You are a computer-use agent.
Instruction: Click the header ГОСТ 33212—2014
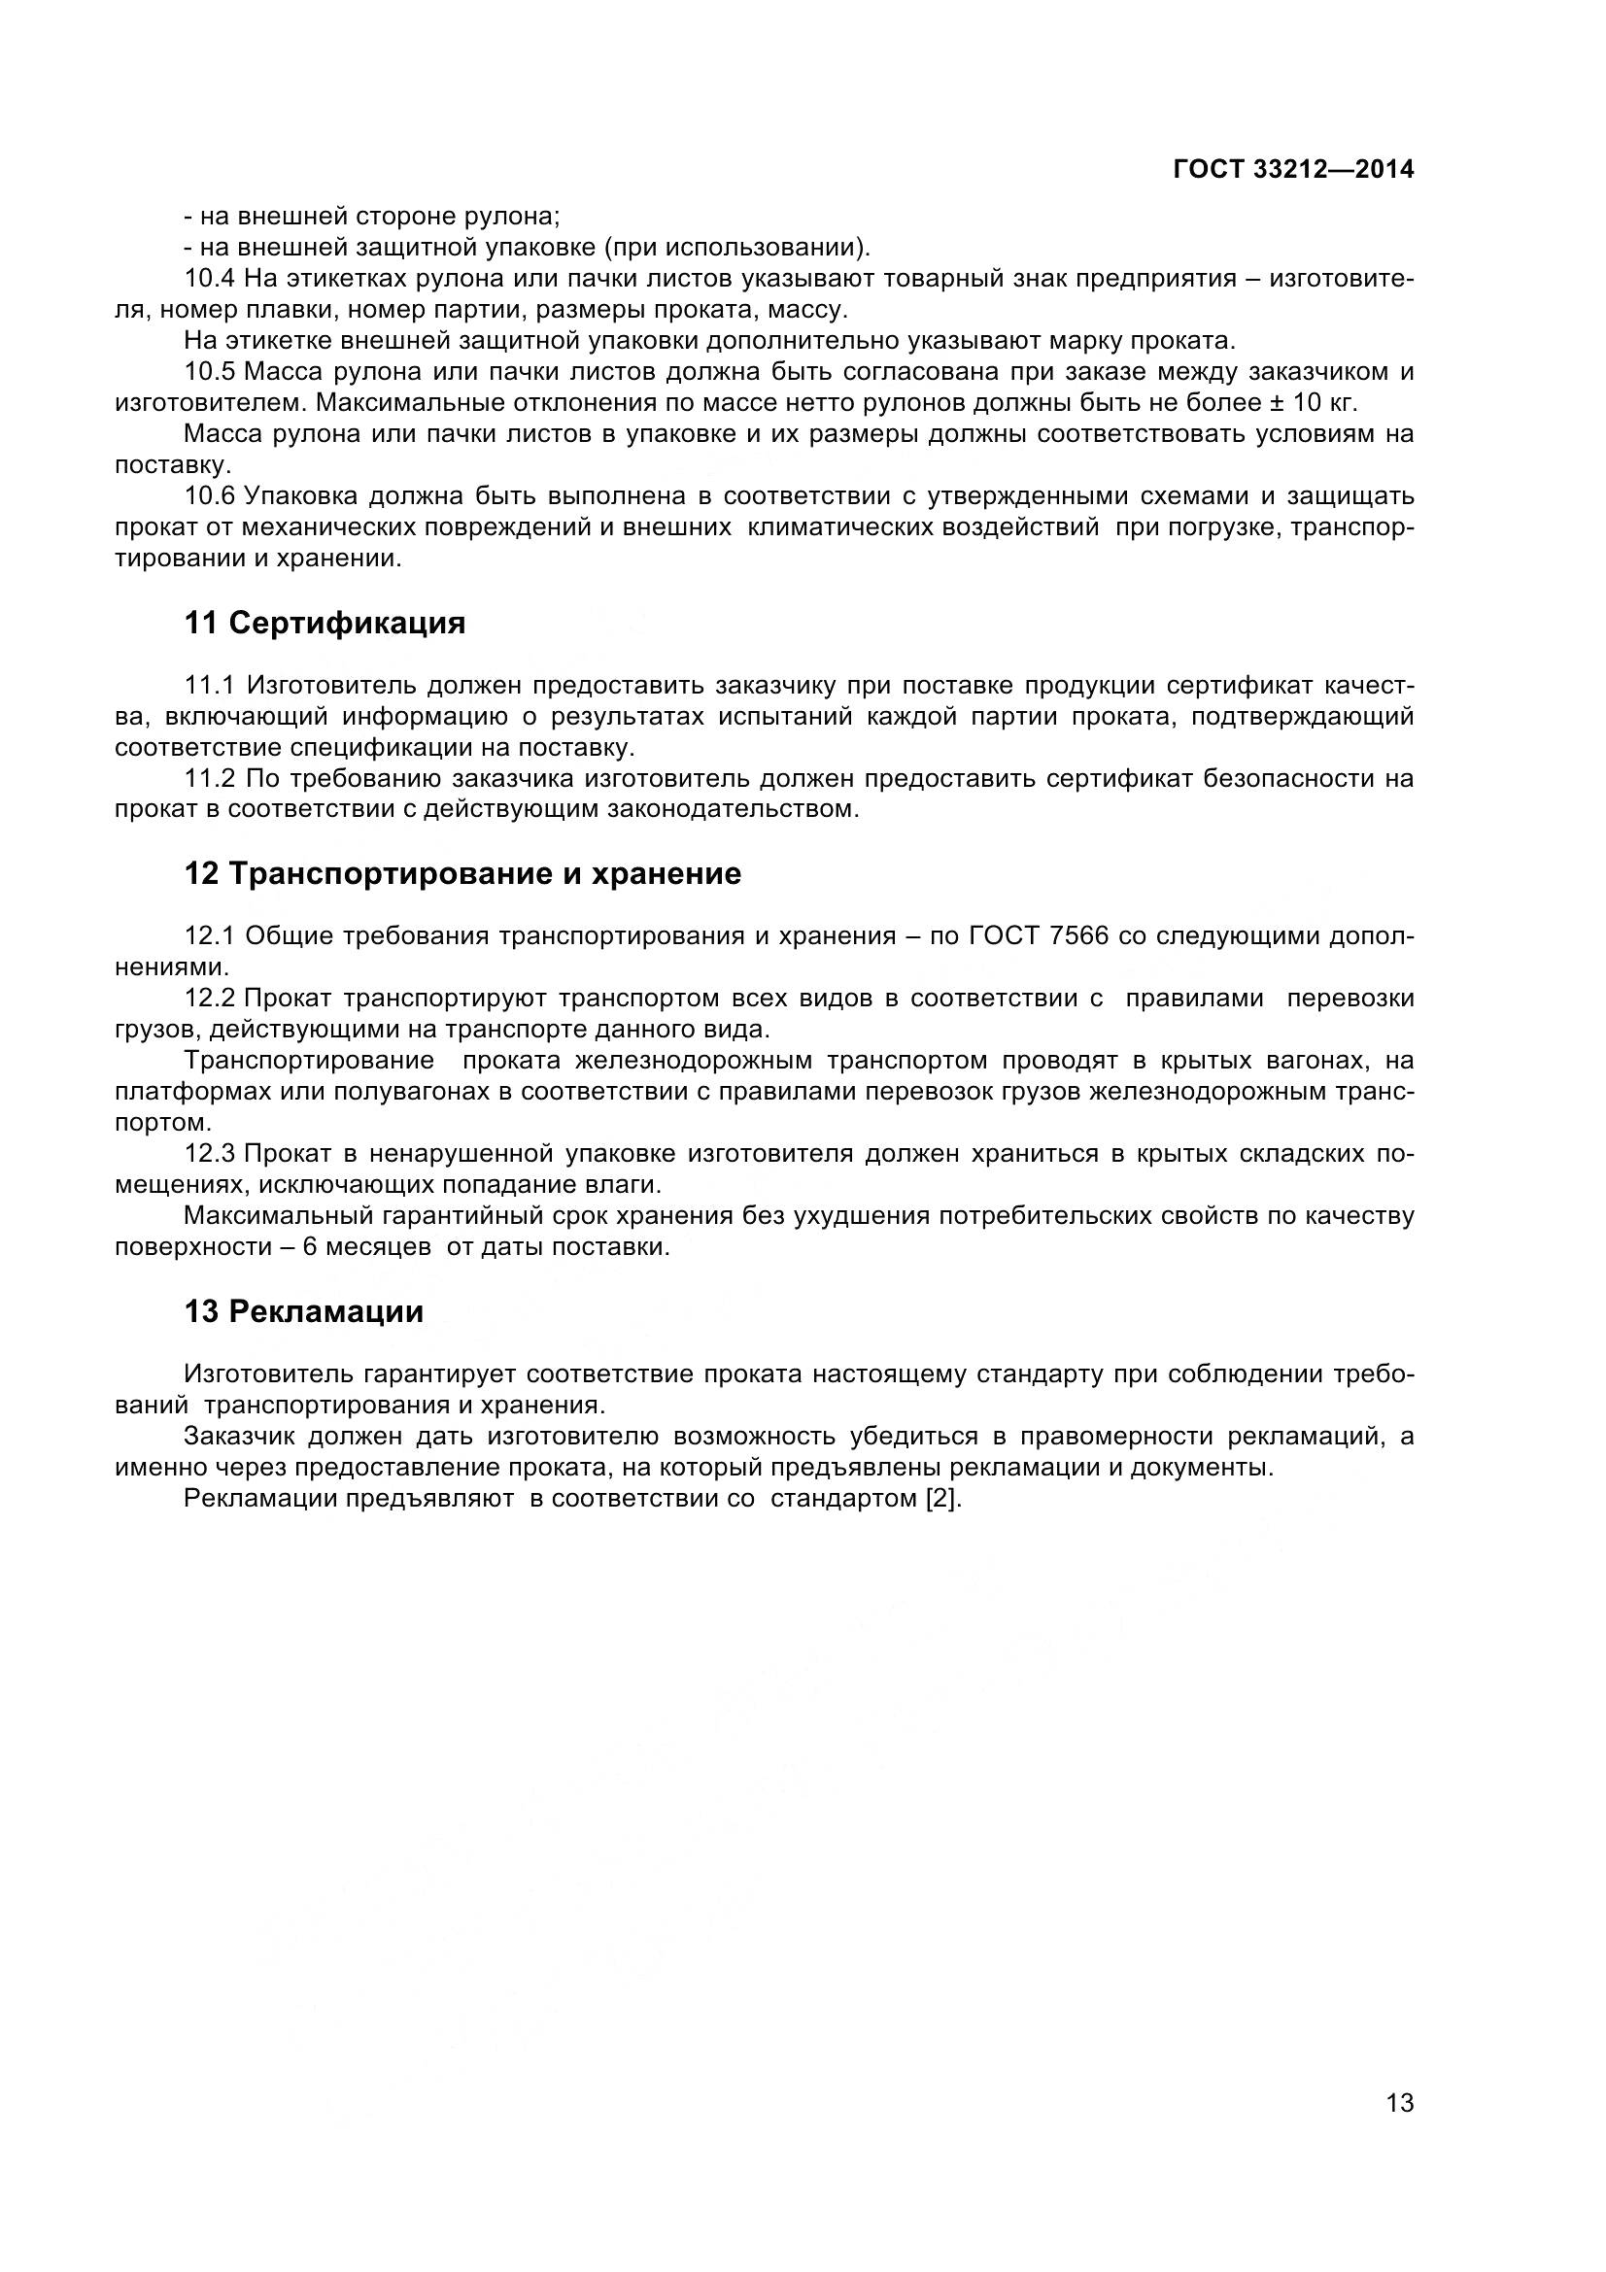[x=1293, y=169]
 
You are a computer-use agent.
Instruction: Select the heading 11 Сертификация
[x=325, y=624]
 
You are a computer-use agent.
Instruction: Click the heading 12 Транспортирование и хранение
[x=462, y=874]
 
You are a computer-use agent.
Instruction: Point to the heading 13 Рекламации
[x=304, y=1311]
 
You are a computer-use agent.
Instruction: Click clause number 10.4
[x=210, y=279]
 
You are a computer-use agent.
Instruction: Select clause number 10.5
[x=210, y=372]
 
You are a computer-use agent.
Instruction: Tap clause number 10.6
[x=210, y=495]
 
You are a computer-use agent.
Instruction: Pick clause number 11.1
[x=210, y=685]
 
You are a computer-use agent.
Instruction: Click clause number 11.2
[x=210, y=779]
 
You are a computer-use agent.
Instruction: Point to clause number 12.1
[x=210, y=935]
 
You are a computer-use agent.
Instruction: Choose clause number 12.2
[x=210, y=999]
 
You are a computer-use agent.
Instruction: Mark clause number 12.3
[x=210, y=1154]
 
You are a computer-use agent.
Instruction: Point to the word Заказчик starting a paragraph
[x=238, y=1437]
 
